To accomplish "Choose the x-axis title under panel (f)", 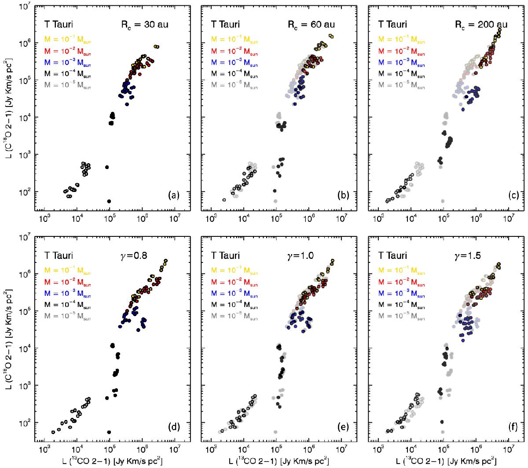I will (444, 460).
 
